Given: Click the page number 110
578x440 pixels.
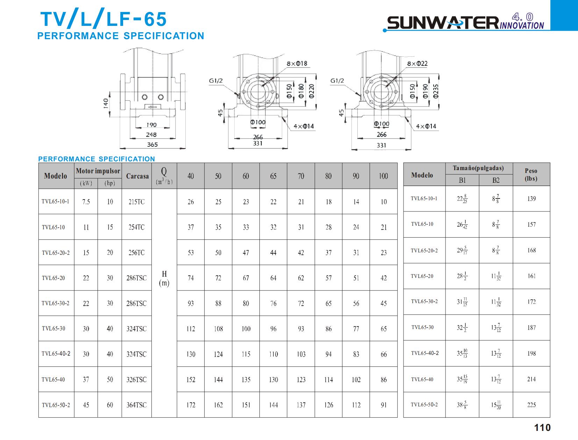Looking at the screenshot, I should pos(542,427).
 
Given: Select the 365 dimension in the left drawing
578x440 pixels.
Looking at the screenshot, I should pos(152,144).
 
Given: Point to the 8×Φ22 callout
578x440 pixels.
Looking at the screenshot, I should pos(417,63).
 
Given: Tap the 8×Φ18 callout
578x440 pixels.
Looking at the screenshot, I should pos(297,63).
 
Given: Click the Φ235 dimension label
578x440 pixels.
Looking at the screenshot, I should pos(436,91).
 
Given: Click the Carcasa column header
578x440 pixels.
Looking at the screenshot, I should pos(137,176).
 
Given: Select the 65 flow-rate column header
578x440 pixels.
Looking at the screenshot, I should pos(273,176).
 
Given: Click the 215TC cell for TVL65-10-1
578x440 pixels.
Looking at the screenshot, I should pos(136,202).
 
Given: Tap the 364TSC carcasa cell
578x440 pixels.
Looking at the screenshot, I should pos(136,405).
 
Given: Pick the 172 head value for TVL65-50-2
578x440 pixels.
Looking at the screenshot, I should pos(191,405).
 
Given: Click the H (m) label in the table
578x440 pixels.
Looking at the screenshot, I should pos(164,278).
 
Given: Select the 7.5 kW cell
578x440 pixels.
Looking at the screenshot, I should pos(86,202).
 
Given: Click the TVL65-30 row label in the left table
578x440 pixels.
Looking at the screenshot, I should pos(53,329).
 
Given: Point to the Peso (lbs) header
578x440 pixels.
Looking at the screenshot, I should pos(531,174).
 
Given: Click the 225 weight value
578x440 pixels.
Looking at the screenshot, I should pos(531,405).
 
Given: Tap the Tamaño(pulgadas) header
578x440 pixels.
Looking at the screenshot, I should pos(478,168).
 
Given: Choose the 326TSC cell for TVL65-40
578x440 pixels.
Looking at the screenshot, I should pos(136,380).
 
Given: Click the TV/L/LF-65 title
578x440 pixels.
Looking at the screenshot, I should pos(104,19).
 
